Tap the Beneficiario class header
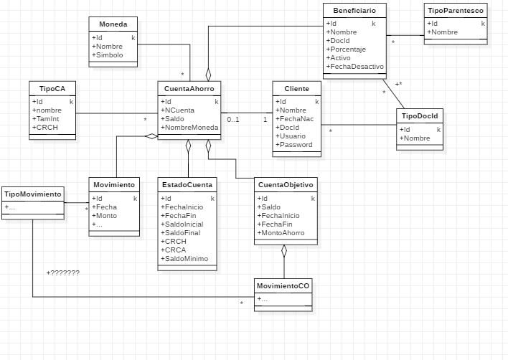tap(354, 10)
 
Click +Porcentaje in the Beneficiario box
tap(347, 49)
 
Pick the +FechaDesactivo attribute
tap(355, 67)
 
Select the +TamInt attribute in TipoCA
tap(46, 119)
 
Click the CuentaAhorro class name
tap(189, 88)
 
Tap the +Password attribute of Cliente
tap(296, 144)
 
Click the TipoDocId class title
tap(420, 115)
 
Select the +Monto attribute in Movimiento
tap(106, 216)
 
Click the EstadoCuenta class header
tap(187, 185)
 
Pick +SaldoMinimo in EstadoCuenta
tap(186, 258)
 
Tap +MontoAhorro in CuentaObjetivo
tap(282, 232)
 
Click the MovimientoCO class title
tap(283, 286)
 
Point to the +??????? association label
tap(63, 273)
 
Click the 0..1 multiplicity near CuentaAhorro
tap(233, 120)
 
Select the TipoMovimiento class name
tap(33, 194)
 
